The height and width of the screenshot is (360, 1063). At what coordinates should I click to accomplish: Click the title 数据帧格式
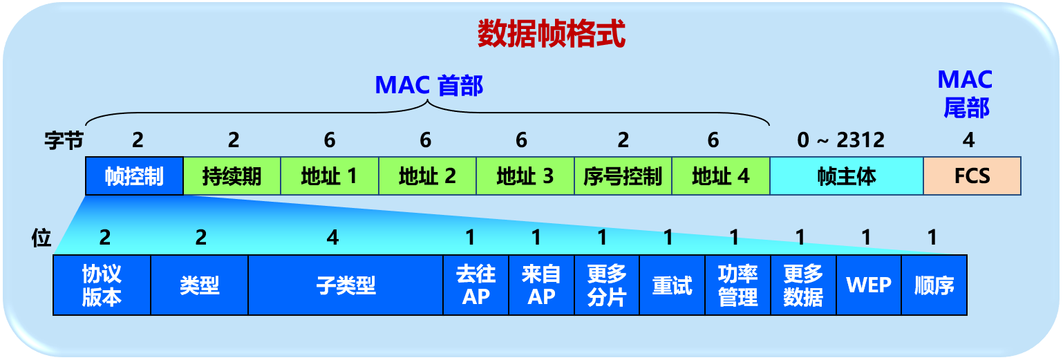551,34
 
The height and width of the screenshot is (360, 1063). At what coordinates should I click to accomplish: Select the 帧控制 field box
135,176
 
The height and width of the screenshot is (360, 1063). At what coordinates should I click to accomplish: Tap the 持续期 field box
232,176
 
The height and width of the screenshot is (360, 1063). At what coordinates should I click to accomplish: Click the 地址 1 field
330,176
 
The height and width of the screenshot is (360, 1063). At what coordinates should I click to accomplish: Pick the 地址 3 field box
525,176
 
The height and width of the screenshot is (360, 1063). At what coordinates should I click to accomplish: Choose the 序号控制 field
623,176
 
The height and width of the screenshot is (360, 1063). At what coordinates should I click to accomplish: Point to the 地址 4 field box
721,176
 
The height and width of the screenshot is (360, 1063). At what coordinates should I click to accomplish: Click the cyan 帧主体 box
847,176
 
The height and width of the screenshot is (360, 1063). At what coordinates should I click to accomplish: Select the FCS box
972,176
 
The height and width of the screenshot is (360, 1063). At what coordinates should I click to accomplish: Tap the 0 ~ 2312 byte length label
840,140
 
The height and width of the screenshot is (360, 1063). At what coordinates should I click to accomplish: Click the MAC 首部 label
429,86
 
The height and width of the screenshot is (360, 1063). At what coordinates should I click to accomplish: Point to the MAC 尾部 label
965,93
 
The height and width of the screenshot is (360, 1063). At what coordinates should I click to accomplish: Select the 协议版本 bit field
102,285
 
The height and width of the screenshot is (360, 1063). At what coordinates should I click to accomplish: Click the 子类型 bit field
346,285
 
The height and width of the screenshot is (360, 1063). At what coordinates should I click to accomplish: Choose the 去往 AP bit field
476,285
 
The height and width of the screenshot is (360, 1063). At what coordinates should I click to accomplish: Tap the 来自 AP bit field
541,285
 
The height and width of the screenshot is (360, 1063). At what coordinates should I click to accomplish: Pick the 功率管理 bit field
737,285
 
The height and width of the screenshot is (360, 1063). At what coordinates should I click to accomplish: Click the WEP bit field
869,285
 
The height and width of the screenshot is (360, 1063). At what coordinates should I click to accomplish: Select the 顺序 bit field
934,285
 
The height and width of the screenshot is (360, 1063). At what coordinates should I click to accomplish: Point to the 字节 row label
64,141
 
